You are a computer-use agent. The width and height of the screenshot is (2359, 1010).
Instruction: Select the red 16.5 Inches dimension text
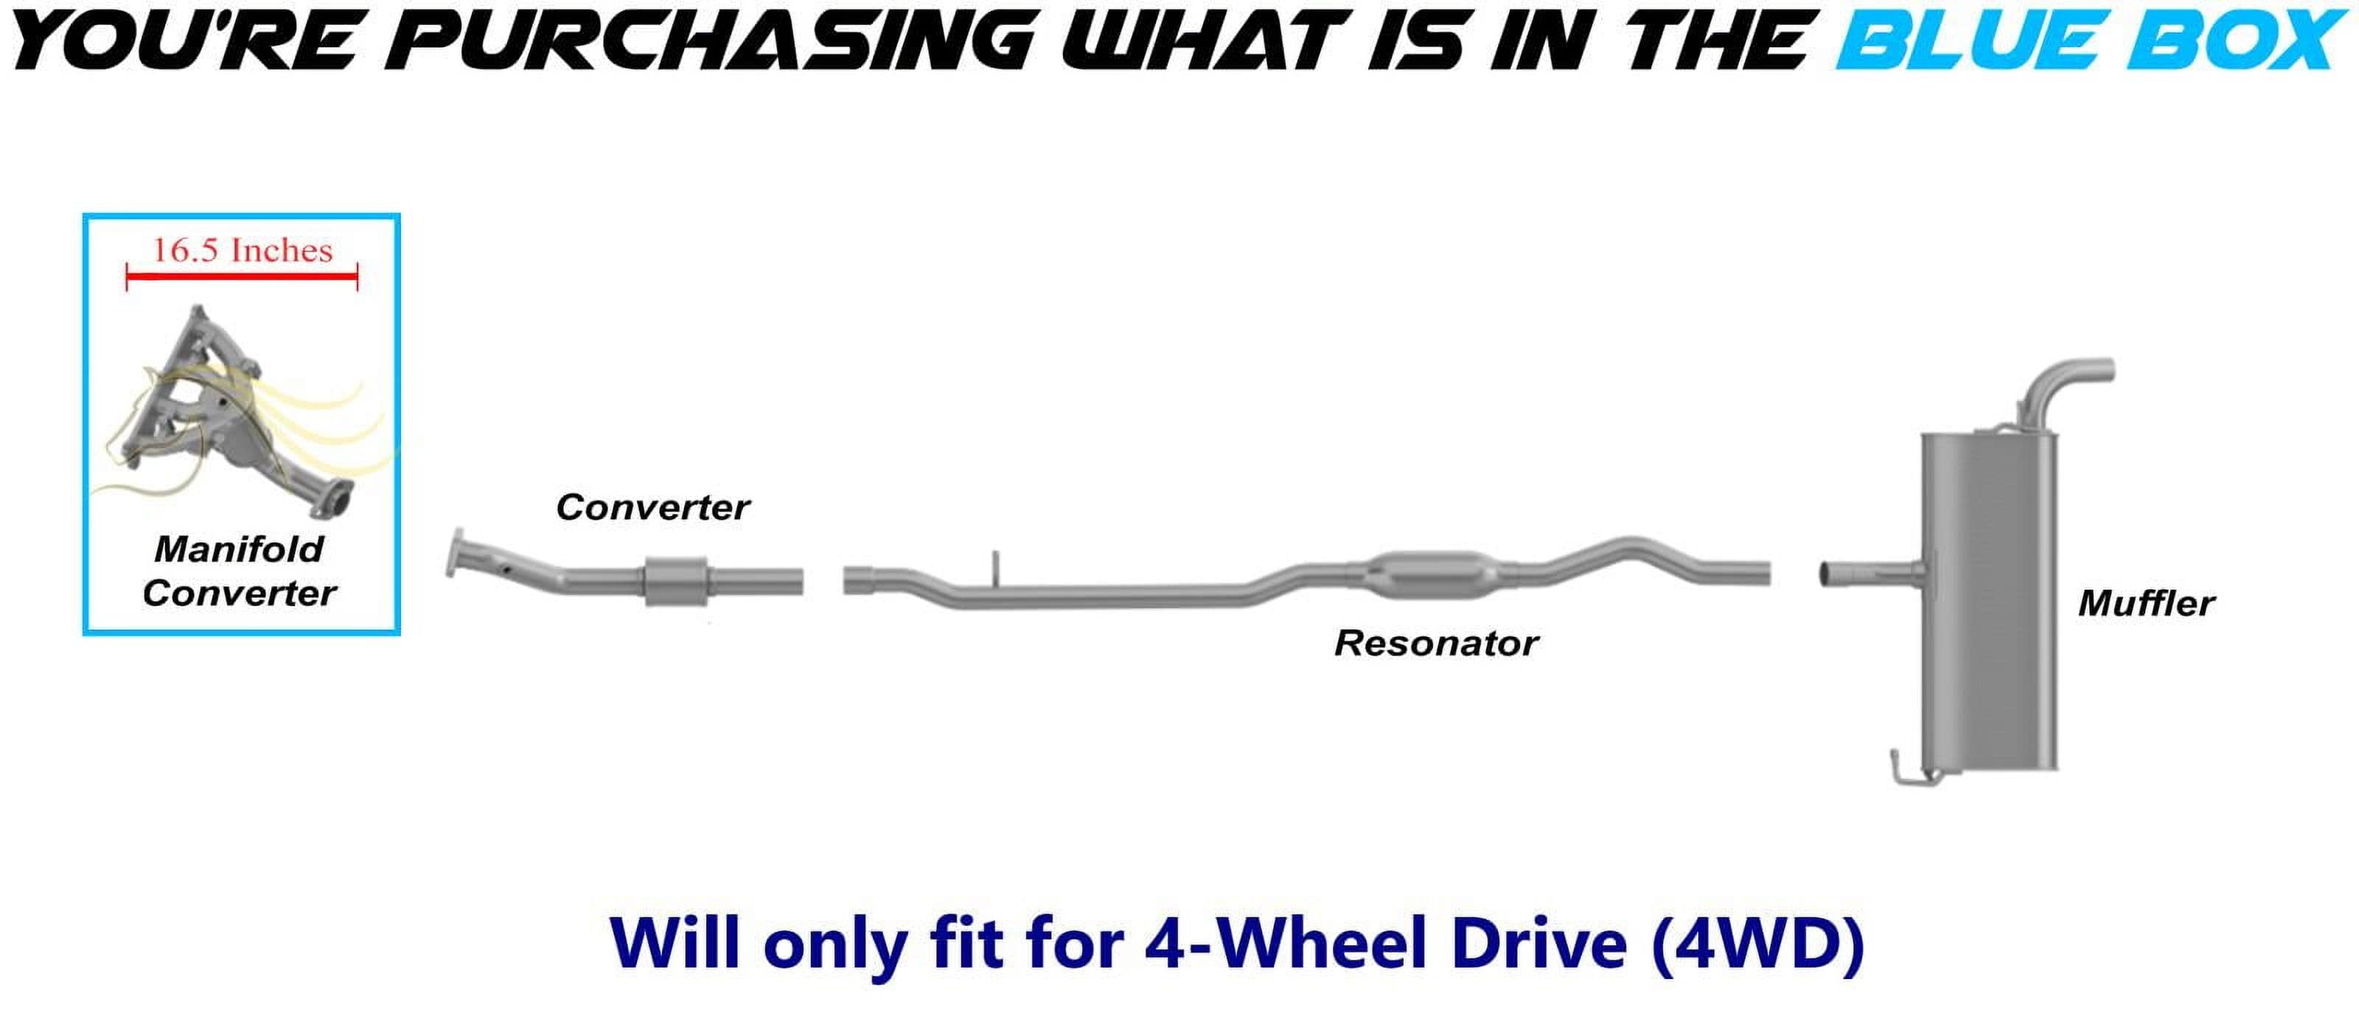[x=242, y=250]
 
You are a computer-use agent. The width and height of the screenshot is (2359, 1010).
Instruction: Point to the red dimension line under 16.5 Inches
[x=242, y=276]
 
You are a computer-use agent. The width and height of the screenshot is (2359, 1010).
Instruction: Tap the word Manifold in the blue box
[x=239, y=549]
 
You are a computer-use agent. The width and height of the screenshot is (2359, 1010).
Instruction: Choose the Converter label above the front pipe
[x=653, y=507]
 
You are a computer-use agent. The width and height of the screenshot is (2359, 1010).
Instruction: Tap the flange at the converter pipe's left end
[x=454, y=553]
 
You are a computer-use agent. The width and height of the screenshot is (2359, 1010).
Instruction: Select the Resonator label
[x=1436, y=643]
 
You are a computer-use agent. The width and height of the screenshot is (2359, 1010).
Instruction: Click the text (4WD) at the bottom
[x=1757, y=943]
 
